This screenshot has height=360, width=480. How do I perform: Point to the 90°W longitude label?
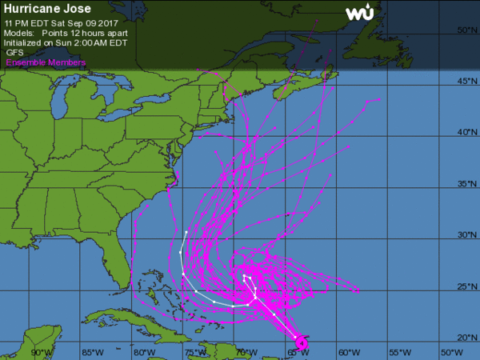(x=42, y=352)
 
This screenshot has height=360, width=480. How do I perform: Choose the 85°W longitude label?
(x=93, y=352)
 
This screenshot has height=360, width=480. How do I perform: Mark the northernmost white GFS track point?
(x=186, y=232)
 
